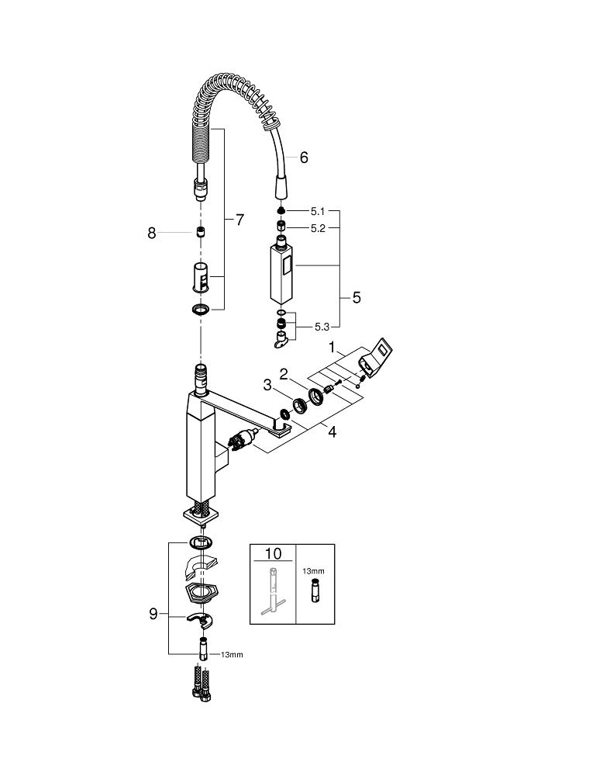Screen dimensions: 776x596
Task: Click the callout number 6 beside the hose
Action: (303, 158)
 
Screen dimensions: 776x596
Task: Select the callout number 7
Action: (239, 220)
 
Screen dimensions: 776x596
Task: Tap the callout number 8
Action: (152, 232)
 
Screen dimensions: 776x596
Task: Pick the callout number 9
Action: (153, 614)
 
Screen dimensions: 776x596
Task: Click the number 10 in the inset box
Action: (274, 554)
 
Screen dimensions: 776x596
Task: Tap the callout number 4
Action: (332, 432)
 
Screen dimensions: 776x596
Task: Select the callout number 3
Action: (266, 384)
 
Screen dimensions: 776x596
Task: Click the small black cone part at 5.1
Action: (281, 211)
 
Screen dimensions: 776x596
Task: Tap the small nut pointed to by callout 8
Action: (200, 232)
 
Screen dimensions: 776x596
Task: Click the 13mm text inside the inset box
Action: (313, 570)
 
